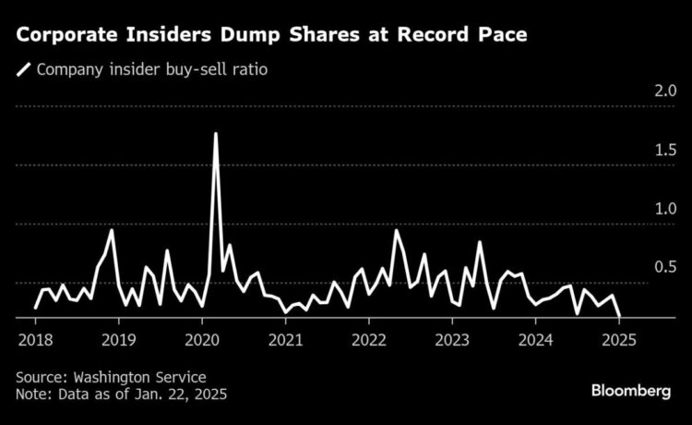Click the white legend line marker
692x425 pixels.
coord(23,69)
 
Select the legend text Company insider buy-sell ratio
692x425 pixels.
coord(152,69)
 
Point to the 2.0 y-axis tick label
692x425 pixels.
coord(639,91)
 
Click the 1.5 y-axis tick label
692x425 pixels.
coord(639,150)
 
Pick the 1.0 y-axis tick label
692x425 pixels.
coord(639,209)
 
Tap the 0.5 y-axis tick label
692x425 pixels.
coord(639,267)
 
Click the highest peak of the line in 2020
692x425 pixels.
coord(216,134)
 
